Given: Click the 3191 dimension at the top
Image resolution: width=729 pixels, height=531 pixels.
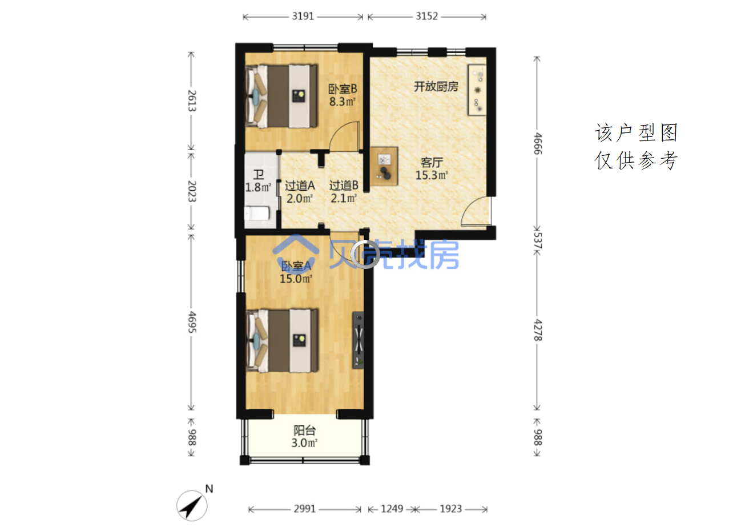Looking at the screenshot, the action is pyautogui.click(x=303, y=17).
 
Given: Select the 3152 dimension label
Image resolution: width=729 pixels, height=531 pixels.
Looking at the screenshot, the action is pyautogui.click(x=426, y=17).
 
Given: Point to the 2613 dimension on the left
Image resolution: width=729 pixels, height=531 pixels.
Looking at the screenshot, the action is pyautogui.click(x=192, y=100).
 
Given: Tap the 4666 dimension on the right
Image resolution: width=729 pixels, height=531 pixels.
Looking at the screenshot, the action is pyautogui.click(x=537, y=143).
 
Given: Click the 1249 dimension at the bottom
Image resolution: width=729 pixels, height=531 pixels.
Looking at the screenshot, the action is pyautogui.click(x=392, y=509).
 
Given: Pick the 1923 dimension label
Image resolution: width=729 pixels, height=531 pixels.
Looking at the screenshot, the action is pyautogui.click(x=451, y=509).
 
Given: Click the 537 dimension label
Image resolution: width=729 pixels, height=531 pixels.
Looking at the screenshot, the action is pyautogui.click(x=537, y=240).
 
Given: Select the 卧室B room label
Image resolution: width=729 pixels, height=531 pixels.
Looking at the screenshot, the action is pyautogui.click(x=343, y=88).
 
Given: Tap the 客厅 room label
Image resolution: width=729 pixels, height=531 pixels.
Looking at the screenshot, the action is pyautogui.click(x=432, y=163).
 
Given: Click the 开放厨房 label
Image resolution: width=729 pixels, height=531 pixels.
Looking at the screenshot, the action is pyautogui.click(x=436, y=87).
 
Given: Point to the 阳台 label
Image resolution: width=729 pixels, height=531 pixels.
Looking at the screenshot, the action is pyautogui.click(x=305, y=431).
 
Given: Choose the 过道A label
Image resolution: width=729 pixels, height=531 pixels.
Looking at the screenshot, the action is pyautogui.click(x=300, y=186).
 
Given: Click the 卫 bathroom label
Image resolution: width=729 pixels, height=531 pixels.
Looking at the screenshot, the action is pyautogui.click(x=259, y=175).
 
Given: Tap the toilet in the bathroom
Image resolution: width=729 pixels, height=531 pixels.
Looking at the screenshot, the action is pyautogui.click(x=257, y=214).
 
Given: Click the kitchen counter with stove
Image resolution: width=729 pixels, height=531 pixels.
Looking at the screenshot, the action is pyautogui.click(x=477, y=90).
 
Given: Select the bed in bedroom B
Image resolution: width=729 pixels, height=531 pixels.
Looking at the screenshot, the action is pyautogui.click(x=281, y=96).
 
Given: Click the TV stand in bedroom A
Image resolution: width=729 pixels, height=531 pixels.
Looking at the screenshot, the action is pyautogui.click(x=359, y=340).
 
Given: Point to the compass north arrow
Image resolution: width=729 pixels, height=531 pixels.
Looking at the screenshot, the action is pyautogui.click(x=192, y=506).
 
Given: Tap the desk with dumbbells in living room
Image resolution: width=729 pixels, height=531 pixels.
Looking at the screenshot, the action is pyautogui.click(x=384, y=166).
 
